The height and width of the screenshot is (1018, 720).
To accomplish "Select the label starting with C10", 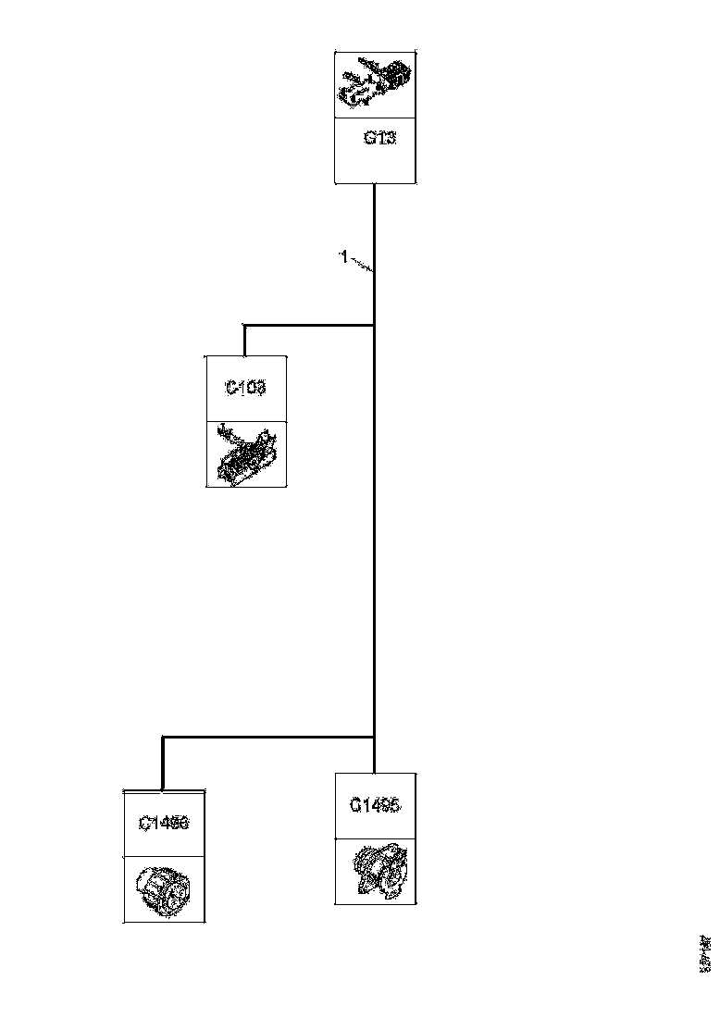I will (246, 389).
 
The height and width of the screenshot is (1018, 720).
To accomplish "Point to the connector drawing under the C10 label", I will (245, 454).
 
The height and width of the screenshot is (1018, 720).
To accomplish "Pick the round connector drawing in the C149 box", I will (164, 889).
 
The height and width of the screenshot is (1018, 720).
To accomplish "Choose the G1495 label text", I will (375, 805).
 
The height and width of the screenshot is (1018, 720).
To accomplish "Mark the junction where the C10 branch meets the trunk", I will (374, 325).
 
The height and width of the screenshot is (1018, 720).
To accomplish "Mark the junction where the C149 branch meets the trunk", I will (374, 737).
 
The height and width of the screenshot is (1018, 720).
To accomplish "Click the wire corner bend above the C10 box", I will (244, 326).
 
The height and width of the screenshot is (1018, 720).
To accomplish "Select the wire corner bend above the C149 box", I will (163, 738).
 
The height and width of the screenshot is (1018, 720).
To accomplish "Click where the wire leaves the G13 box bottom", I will (374, 185).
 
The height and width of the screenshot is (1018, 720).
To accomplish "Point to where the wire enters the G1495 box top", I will (374, 772).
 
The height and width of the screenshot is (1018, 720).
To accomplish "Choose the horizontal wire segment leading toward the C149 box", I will (268, 737).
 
